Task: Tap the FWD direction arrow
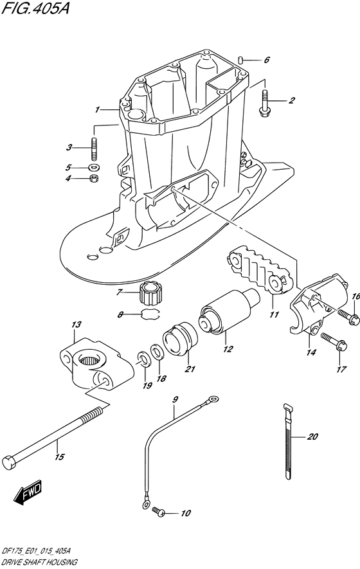click(29, 494)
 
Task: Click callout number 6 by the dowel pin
click(267, 60)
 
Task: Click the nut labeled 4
click(94, 178)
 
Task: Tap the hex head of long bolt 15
click(9, 462)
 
